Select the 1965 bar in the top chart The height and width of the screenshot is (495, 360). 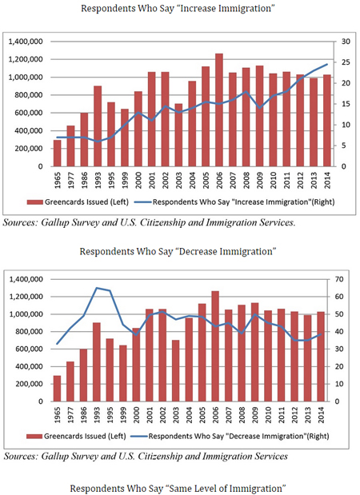(x=58, y=154)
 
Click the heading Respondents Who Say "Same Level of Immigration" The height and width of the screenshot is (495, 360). (x=179, y=487)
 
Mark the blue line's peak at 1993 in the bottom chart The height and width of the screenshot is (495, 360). (x=98, y=288)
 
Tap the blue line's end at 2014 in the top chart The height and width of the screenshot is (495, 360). (x=326, y=65)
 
